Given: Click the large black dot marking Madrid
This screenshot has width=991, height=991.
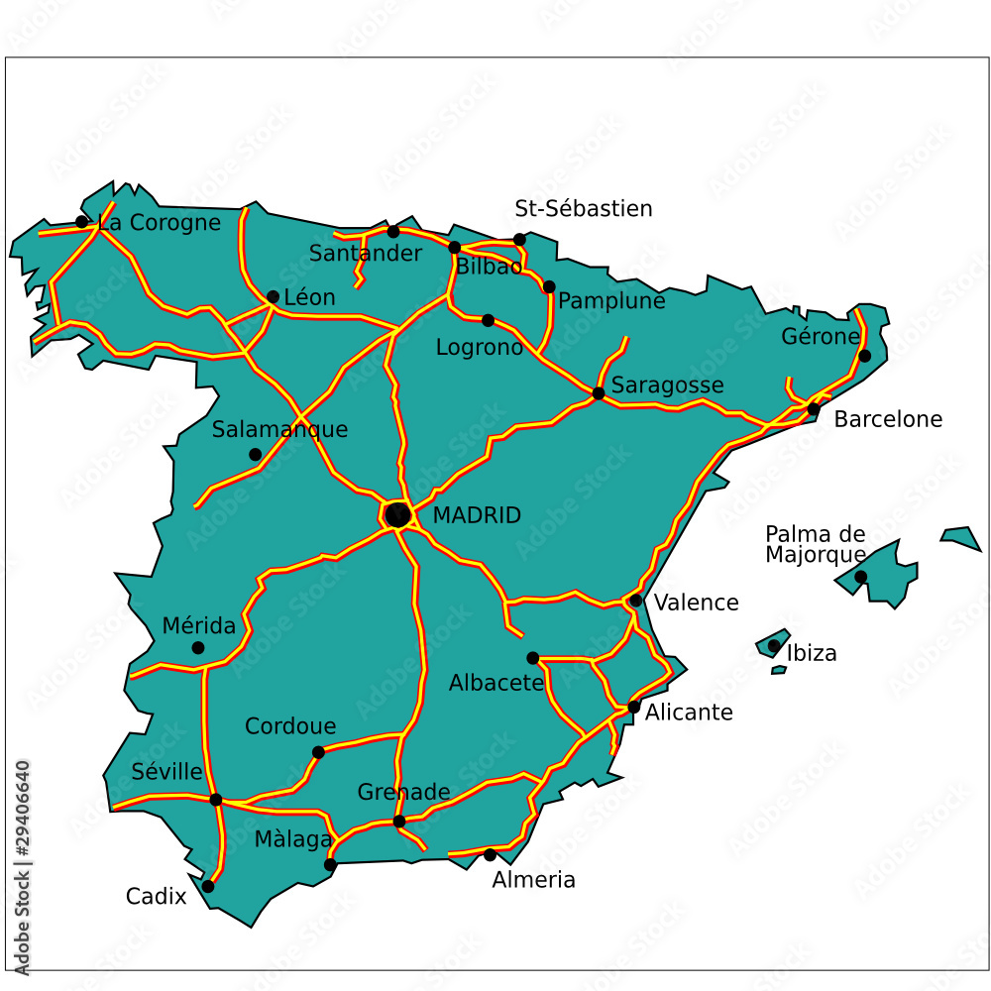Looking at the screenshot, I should tap(397, 514).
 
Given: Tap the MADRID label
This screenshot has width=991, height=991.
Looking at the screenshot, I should tap(477, 515).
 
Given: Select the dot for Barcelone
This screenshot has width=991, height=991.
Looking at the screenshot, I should tap(814, 408).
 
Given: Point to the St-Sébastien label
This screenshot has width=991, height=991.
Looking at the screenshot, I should tap(584, 209).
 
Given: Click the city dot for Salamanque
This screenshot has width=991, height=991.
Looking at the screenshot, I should tap(255, 455).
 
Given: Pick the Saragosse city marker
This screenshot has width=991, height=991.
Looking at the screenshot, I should tap(599, 393).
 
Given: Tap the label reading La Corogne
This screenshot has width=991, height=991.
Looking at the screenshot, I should tap(160, 223).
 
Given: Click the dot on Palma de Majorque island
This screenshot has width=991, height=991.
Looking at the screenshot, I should tap(860, 577).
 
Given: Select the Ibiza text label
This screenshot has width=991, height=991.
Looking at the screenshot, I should tap(812, 653).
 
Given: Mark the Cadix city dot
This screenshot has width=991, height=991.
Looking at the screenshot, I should tap(208, 886).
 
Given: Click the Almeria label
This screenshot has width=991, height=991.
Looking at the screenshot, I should tap(533, 880).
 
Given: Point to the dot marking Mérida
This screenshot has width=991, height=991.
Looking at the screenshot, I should tap(198, 648).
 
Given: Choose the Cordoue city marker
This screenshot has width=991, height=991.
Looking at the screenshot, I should tap(318, 752).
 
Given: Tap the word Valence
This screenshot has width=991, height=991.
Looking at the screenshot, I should tap(696, 603).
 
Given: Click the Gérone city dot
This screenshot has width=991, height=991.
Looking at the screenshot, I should tap(864, 356).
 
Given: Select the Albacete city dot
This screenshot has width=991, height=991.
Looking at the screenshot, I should tap(532, 658).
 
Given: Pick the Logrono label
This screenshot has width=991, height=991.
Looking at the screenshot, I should tap(480, 348).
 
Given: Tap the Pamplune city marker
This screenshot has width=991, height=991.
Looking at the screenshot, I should tap(549, 286).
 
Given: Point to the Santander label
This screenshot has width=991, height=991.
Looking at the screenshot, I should tap(366, 254).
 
